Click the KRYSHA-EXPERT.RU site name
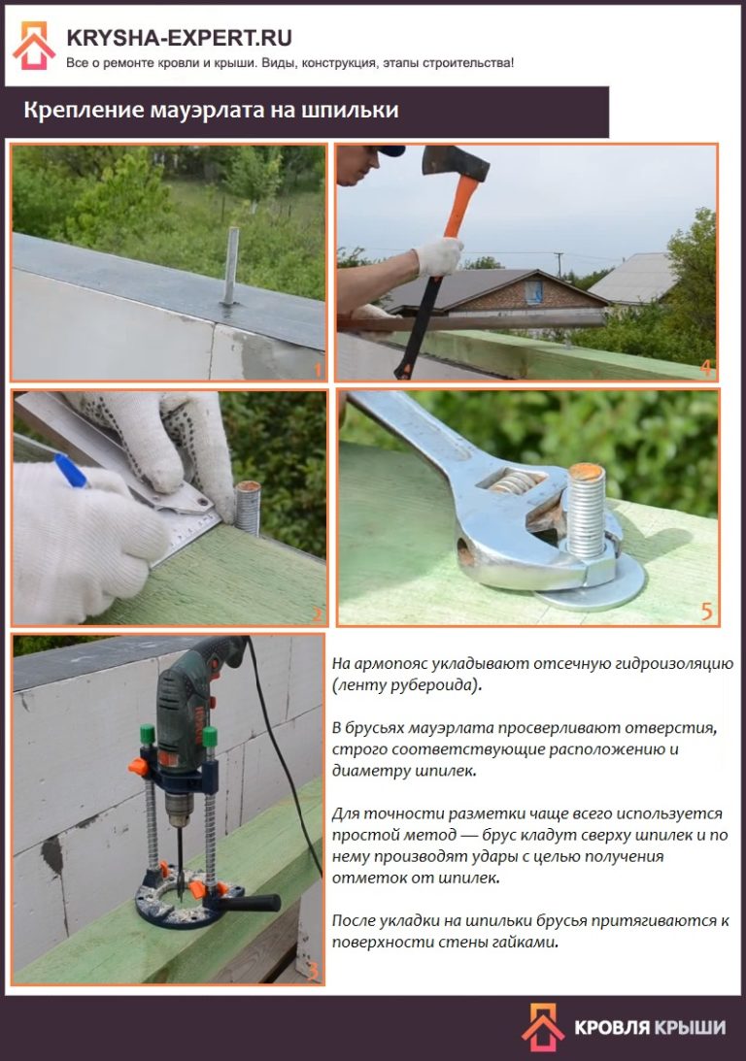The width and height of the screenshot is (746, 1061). click(x=180, y=37)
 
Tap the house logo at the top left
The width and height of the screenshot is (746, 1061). click(x=34, y=46)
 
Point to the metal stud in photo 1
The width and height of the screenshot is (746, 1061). click(x=231, y=267)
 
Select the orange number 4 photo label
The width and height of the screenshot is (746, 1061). click(x=706, y=368)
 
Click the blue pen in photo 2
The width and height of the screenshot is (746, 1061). click(x=70, y=470)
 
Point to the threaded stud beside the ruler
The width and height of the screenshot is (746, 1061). click(x=248, y=508)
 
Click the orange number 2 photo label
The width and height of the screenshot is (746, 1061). click(x=317, y=613)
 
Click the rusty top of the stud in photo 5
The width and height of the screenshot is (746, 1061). click(x=587, y=472)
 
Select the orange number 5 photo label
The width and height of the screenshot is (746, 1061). click(x=707, y=612)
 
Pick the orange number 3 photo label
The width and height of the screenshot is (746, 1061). click(x=313, y=971)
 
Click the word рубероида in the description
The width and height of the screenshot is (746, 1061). click(x=436, y=684)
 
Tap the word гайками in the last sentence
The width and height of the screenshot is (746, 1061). click(x=524, y=942)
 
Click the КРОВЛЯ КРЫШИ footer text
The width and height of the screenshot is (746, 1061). click(x=650, y=1027)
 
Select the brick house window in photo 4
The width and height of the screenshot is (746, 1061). click(x=533, y=292)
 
